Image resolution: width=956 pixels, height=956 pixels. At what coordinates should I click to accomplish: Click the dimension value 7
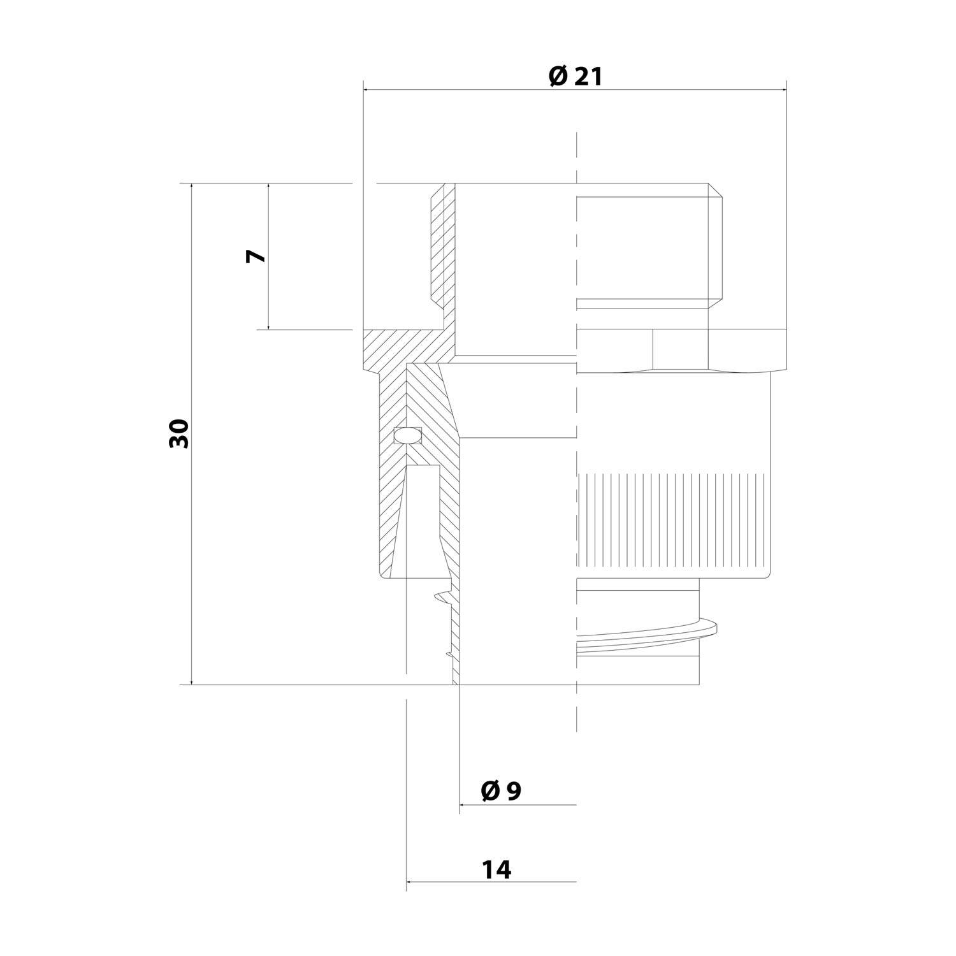[x=256, y=256]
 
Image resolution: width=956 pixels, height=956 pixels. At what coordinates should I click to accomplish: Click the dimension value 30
[x=180, y=434]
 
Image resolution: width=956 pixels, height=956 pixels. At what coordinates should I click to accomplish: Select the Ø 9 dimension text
[x=501, y=791]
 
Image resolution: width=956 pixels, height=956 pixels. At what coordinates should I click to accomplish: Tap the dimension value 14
[x=496, y=869]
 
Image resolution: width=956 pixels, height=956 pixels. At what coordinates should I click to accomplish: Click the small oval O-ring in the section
[x=408, y=435]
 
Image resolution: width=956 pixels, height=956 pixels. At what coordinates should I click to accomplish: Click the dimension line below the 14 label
[x=491, y=882]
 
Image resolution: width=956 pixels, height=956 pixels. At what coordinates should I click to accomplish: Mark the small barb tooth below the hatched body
[x=441, y=597]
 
